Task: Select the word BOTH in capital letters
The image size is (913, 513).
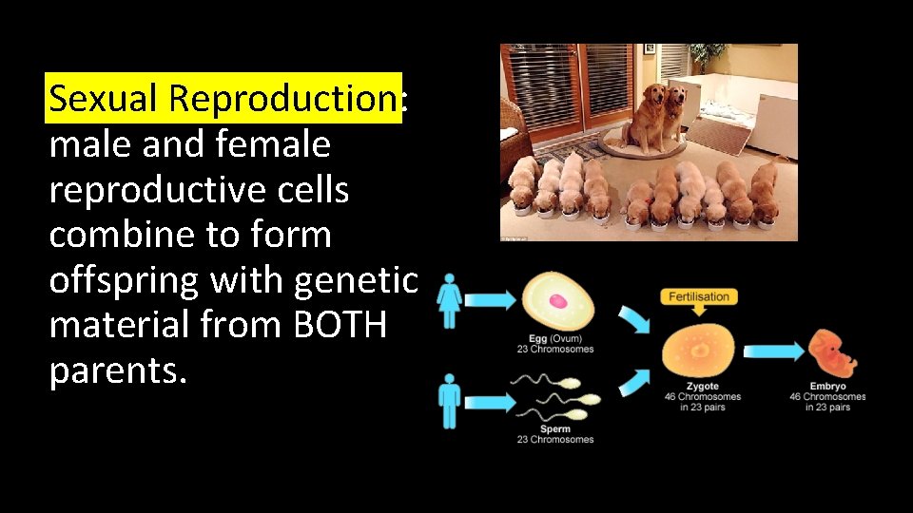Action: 340,326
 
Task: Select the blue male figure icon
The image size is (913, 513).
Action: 449,400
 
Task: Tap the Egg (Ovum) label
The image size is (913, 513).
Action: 555,339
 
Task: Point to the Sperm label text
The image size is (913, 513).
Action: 554,429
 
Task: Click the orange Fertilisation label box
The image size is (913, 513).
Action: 699,296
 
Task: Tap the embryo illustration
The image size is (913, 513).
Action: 831,353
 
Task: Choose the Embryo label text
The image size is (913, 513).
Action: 827,387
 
